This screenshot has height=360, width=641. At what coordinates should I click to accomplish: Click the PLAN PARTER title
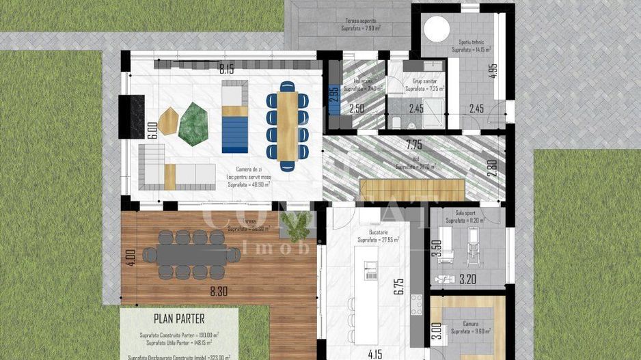pyautogui.click(x=178, y=318)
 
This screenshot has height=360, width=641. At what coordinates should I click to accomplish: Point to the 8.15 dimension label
pyautogui.click(x=226, y=69)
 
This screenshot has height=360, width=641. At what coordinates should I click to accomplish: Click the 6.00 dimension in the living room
pyautogui.click(x=152, y=130)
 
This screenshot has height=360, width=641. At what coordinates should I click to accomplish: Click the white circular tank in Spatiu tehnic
pyautogui.click(x=436, y=29)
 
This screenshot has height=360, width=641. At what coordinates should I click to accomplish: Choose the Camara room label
pyautogui.click(x=470, y=323)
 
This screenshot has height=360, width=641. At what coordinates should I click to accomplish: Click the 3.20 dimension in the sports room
pyautogui.click(x=468, y=279)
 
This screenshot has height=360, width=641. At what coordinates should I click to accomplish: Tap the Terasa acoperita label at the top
pyautogui.click(x=359, y=21)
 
